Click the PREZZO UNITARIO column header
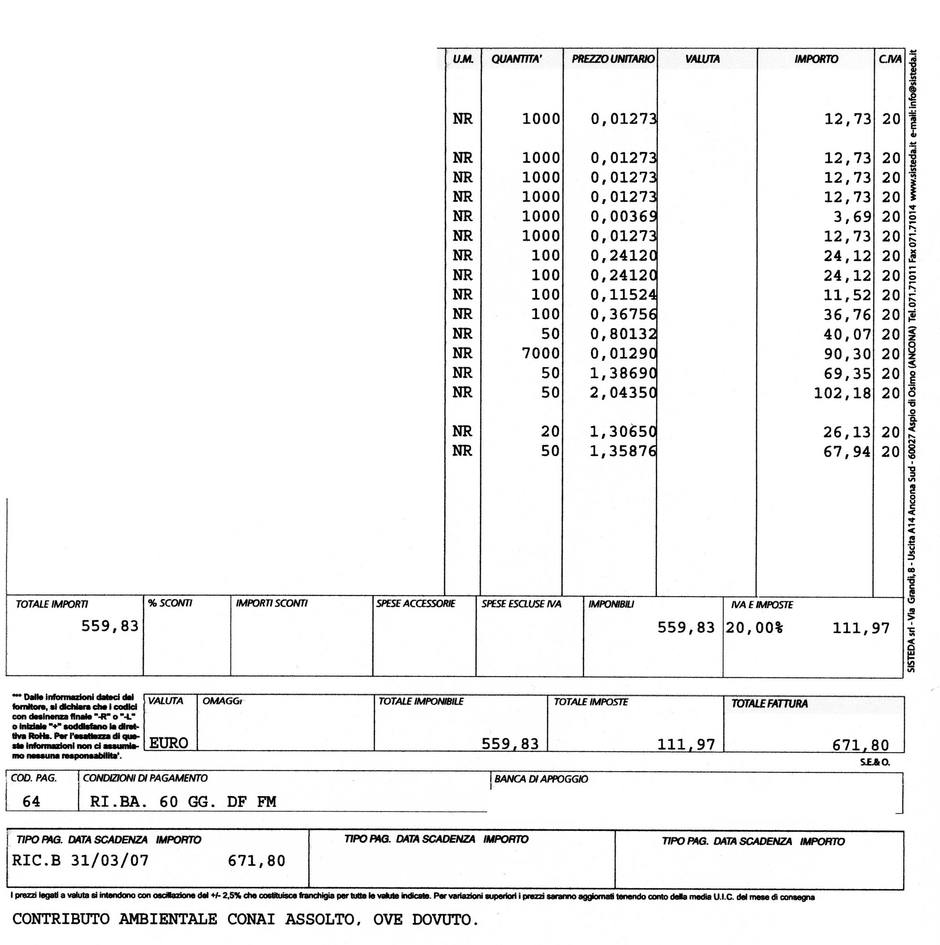click(x=613, y=59)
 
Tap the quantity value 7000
click(x=541, y=353)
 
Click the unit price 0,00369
click(x=623, y=216)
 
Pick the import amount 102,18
click(x=842, y=393)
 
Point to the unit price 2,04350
click(x=623, y=392)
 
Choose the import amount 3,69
click(x=852, y=216)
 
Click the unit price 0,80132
click(x=623, y=334)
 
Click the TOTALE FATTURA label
click(x=769, y=703)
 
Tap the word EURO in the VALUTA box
click(x=169, y=743)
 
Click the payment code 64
click(x=31, y=801)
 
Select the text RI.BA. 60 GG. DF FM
click(x=183, y=801)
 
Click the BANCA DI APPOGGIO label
click(x=541, y=779)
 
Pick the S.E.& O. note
click(x=875, y=762)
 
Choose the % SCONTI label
click(x=170, y=603)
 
